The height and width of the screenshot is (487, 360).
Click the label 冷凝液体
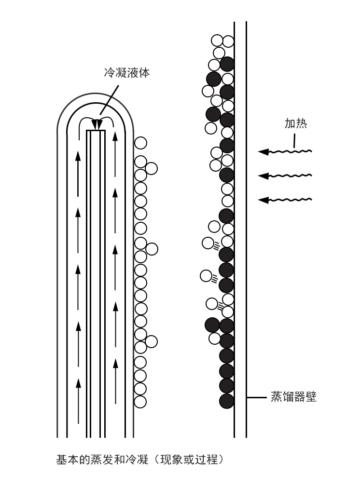click(126, 73)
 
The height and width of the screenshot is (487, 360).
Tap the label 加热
click(296, 123)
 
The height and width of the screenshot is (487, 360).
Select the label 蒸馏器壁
click(293, 397)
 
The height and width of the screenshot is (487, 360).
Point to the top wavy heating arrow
click(285, 151)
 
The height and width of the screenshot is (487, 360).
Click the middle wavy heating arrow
click(285, 176)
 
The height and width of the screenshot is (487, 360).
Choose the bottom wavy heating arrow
click(285, 200)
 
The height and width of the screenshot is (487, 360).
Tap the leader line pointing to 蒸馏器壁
click(257, 397)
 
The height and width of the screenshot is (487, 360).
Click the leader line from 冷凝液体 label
click(109, 100)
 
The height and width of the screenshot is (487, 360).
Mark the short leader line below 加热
click(294, 141)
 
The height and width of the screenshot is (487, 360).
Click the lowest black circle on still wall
click(227, 401)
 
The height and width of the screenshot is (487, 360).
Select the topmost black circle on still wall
click(227, 64)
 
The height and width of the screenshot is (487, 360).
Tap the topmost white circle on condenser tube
click(140, 143)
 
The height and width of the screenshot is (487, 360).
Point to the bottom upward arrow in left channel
click(78, 401)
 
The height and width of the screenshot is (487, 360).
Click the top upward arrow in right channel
click(115, 154)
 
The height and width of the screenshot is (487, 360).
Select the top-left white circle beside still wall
click(217, 41)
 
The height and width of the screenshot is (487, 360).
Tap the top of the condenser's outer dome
click(96, 94)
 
